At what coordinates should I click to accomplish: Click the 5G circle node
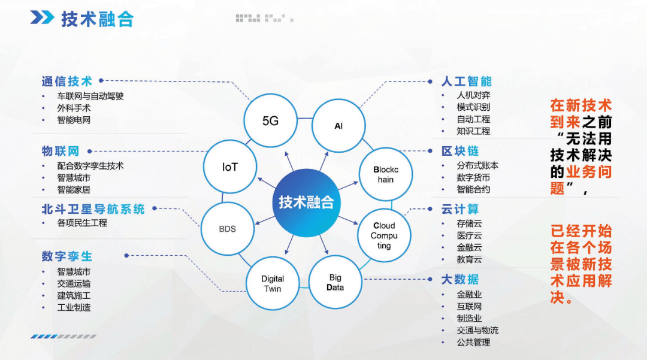coord(270,120)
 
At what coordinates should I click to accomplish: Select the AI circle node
coord(338,125)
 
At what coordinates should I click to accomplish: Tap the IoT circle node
coord(230,167)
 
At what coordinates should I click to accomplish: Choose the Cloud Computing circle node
coord(383,235)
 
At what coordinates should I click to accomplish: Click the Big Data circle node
coord(335,282)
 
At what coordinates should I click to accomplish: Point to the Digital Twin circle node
coord(273,283)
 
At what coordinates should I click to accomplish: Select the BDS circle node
coord(227,228)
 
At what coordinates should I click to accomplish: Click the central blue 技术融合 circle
coord(306,201)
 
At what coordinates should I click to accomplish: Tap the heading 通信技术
coord(67,81)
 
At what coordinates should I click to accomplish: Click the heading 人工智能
coord(466,81)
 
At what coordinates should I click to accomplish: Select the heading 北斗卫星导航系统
coord(93,209)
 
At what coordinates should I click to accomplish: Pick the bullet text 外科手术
coord(74,108)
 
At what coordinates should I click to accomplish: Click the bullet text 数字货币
coord(473,177)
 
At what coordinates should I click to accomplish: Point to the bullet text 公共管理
coord(473,342)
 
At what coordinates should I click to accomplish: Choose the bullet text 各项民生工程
coord(82,223)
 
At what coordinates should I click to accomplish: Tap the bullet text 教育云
coord(469,259)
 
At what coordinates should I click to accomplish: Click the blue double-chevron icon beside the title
coord(43,18)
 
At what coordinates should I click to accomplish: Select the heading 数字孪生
coord(67,256)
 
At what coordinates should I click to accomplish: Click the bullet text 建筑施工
coord(74,295)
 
